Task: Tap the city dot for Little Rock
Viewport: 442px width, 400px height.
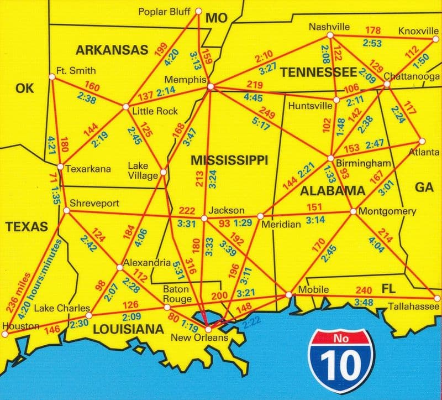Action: (126, 106)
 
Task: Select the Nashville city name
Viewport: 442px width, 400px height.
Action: (329, 27)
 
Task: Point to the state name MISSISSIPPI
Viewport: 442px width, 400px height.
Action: (229, 160)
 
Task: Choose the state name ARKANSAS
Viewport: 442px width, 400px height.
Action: (112, 50)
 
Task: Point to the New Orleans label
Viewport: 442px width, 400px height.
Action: (208, 338)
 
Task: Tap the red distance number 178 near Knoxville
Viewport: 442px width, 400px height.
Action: (375, 29)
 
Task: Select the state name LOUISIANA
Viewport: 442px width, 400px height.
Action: (128, 330)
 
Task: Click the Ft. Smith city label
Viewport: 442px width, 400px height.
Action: (76, 71)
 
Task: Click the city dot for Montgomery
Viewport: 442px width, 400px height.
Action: (353, 211)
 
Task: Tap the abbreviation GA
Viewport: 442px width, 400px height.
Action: (424, 188)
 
